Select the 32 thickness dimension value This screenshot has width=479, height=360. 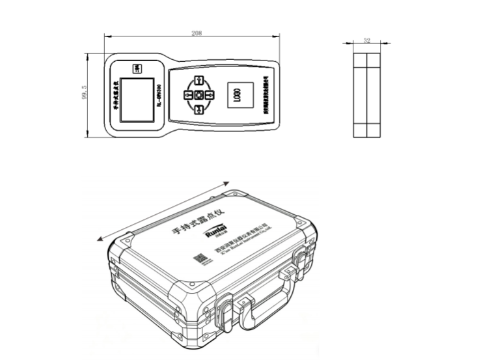[x=366, y=41]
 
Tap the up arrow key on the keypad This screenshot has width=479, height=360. [x=199, y=82]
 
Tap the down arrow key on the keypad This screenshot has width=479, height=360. [x=199, y=109]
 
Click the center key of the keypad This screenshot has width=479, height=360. [x=199, y=96]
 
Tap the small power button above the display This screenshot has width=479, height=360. [x=137, y=69]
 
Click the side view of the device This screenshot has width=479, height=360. [x=366, y=94]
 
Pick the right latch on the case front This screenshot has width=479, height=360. [x=300, y=258]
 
